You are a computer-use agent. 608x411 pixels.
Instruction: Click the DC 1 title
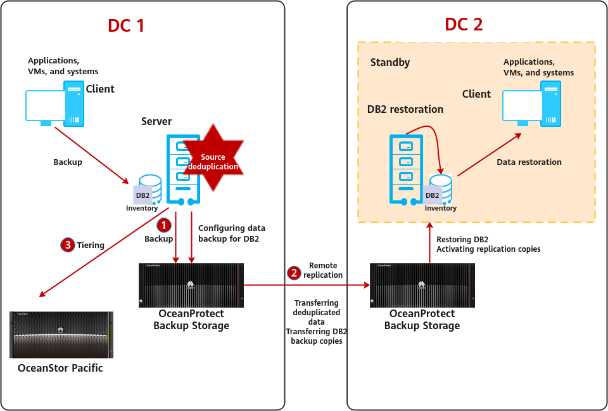126,25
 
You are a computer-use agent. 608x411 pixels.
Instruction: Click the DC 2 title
464,25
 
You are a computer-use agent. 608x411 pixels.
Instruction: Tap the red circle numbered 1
163,225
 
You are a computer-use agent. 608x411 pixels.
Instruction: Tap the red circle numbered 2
294,273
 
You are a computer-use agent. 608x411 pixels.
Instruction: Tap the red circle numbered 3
68,245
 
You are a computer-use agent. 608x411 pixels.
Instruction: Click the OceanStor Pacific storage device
61,334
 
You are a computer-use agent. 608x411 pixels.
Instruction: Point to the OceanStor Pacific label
60,368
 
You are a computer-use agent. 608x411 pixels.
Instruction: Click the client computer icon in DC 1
53,105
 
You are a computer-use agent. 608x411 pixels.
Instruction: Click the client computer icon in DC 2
531,105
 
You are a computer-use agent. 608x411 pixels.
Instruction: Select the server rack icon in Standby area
405,167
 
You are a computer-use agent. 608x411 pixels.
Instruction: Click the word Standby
389,62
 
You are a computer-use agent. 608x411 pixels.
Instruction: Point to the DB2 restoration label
405,109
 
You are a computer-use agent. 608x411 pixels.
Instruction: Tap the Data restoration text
529,162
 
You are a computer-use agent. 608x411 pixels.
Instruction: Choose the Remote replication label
323,270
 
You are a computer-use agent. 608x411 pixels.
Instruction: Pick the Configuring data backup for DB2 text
232,233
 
